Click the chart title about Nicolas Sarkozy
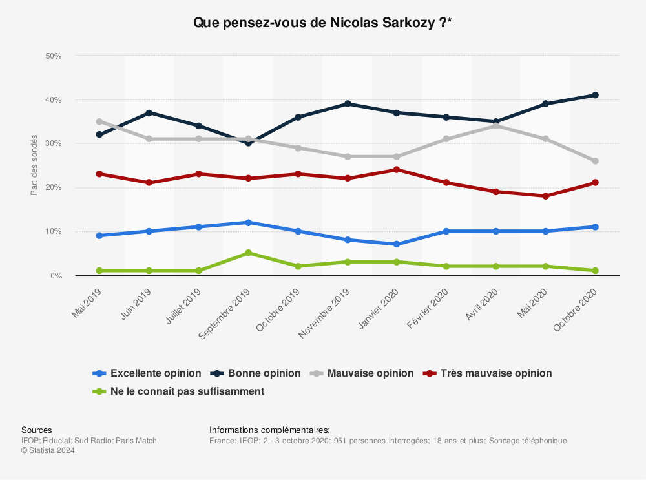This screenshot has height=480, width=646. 322,23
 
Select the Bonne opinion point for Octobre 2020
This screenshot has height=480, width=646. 595,95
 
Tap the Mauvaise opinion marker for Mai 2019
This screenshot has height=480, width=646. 99,121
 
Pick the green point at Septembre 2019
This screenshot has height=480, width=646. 248,253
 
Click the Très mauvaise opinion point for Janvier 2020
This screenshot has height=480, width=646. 397,170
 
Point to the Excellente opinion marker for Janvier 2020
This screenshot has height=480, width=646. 397,244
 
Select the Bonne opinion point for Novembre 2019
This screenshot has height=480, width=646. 348,104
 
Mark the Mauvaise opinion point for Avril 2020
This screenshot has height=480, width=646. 496,125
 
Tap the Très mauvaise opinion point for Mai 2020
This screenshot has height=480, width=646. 545,196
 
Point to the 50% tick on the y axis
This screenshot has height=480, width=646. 53,56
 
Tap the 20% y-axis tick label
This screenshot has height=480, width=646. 53,188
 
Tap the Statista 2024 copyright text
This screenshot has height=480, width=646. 48,451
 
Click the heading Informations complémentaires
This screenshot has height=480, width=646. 269,430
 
